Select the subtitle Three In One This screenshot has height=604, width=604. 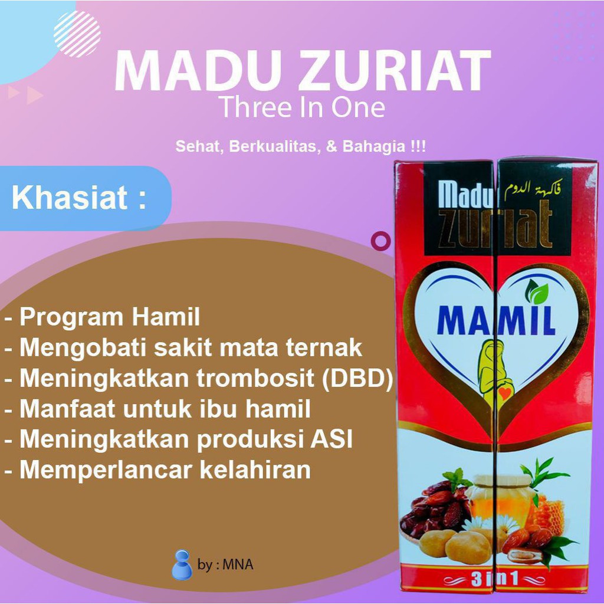[302, 107]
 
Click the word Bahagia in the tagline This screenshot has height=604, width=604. [373, 146]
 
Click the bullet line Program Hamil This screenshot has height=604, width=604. [102, 317]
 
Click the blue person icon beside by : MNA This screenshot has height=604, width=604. [182, 564]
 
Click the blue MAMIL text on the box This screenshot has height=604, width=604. [496, 320]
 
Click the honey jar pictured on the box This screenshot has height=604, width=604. [500, 497]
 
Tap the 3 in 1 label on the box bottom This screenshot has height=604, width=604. [495, 579]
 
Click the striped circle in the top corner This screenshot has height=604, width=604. [77, 34]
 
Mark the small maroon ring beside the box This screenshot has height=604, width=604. [380, 241]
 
